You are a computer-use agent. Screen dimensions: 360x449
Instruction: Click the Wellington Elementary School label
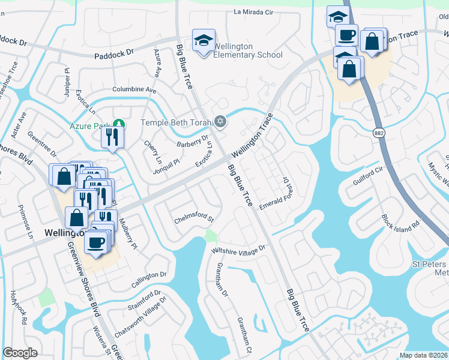[x=248, y=51]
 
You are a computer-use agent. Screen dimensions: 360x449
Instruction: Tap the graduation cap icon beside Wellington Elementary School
[x=203, y=41]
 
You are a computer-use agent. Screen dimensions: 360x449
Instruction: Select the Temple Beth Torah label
[x=176, y=122]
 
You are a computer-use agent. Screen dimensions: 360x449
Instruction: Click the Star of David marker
[x=220, y=122]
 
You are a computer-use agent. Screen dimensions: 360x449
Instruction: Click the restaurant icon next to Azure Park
[x=112, y=137]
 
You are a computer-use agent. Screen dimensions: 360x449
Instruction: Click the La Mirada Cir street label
[x=262, y=11]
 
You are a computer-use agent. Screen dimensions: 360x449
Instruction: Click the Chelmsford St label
[x=194, y=218]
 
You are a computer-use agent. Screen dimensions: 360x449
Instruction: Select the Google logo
[x=20, y=353]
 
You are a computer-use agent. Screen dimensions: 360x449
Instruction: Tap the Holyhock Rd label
[x=17, y=307]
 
